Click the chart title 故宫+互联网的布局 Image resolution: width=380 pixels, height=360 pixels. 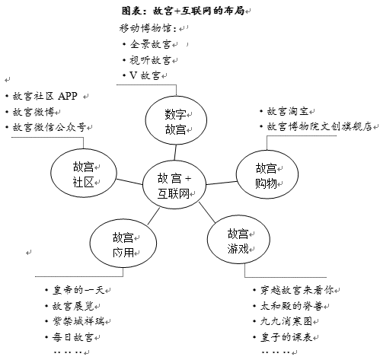pos(183,11)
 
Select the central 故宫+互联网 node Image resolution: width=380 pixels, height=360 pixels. pos(174,185)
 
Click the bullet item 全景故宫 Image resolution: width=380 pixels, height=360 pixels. pos(151,44)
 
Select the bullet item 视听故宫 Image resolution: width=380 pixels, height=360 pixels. pos(150,60)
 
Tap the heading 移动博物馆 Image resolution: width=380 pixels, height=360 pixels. pos(148,28)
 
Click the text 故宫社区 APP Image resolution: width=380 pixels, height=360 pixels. pos(45,96)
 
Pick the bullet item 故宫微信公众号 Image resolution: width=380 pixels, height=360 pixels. pos(49,127)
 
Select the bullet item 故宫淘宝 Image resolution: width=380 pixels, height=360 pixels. pos(288,111)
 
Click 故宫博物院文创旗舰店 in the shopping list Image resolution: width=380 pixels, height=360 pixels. pos(320,126)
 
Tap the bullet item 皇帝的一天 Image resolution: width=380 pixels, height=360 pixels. pos(78,290)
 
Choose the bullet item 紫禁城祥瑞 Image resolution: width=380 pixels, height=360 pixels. pos(78,322)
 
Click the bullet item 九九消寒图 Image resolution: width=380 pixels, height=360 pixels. pos(286,322)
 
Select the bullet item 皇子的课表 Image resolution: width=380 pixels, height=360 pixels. pos(286,337)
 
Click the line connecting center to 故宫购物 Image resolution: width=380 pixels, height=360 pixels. pos(222,183)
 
